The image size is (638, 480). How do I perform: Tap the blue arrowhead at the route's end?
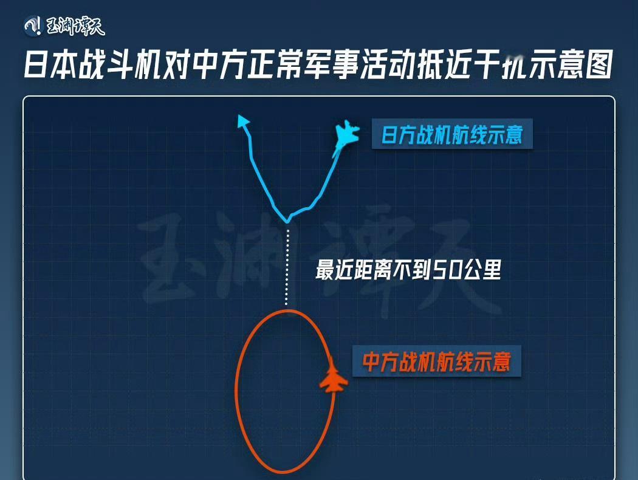tap(243, 120)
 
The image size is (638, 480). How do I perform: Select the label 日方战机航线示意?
tap(451, 134)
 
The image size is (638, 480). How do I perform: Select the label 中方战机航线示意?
tap(436, 362)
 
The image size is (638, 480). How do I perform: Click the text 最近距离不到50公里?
tap(408, 270)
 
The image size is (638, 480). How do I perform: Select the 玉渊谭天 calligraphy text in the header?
tap(76, 26)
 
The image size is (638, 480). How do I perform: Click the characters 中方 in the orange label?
tap(379, 362)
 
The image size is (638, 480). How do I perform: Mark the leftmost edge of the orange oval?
tap(236, 392)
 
